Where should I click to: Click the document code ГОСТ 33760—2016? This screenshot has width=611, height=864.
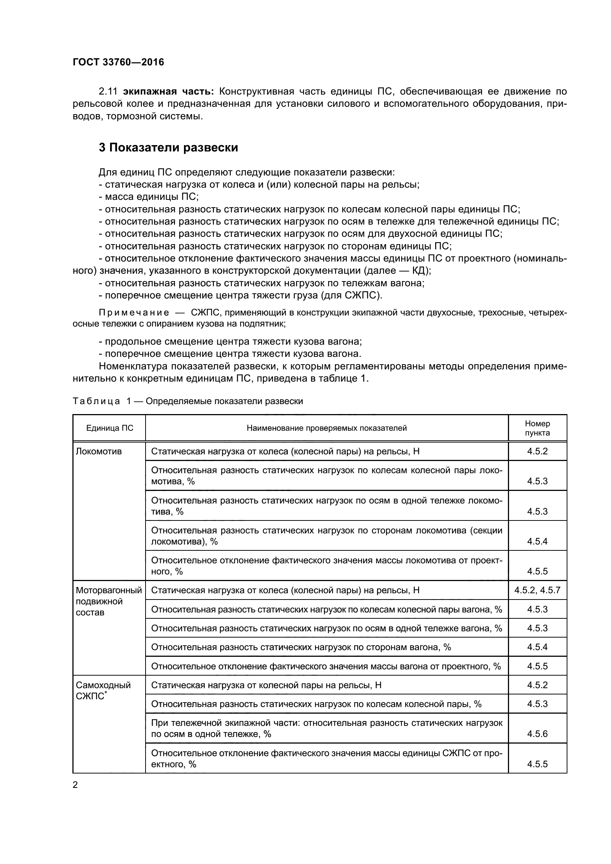(118, 62)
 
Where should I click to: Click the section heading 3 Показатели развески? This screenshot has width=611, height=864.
(168, 147)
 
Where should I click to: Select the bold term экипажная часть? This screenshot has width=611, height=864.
(168, 92)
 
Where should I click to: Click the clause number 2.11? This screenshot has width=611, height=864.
(108, 92)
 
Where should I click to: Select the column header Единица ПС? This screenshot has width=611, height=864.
(109, 428)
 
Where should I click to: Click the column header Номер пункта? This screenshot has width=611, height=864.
(537, 428)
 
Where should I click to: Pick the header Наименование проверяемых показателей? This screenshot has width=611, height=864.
(327, 428)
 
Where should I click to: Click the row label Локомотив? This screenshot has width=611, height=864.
(99, 451)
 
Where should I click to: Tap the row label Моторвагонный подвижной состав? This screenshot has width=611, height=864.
(108, 601)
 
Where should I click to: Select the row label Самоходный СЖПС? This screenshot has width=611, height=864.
(103, 690)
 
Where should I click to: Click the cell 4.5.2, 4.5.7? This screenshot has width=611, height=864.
(537, 590)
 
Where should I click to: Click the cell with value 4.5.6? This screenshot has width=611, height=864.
(537, 734)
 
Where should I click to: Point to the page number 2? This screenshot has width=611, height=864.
(75, 785)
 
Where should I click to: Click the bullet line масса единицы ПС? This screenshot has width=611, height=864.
(149, 197)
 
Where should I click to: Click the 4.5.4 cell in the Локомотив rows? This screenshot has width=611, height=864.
(537, 541)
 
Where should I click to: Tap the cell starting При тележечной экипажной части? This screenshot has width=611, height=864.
(327, 728)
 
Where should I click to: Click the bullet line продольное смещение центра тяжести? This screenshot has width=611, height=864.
(230, 342)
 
